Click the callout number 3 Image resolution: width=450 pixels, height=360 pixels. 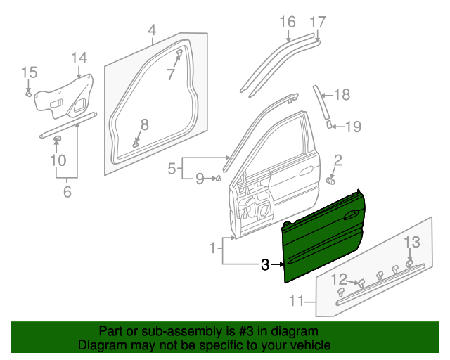point(265,265)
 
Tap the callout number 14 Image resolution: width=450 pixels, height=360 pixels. point(79,58)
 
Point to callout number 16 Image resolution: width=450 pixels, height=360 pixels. point(288,22)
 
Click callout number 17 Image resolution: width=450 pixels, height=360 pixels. point(318,22)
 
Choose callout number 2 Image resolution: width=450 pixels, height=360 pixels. point(337,160)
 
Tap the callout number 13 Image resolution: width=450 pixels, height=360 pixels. point(411,243)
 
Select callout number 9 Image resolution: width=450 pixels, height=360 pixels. point(200,179)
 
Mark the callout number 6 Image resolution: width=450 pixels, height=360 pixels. point(67,191)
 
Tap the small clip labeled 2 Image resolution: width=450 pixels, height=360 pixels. point(330,181)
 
